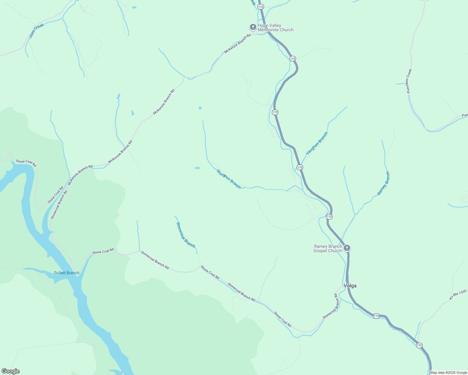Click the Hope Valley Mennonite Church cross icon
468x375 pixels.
click(253, 27)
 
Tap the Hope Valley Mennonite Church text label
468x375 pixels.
click(275, 28)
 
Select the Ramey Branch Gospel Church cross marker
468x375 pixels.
click(347, 248)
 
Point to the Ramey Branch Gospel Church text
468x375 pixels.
click(328, 249)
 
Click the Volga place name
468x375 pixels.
click(350, 286)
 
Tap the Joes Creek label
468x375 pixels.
click(36, 31)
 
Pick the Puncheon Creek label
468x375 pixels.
click(409, 81)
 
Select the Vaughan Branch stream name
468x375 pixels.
click(317, 143)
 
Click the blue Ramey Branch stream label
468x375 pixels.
click(384, 183)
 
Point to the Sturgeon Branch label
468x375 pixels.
click(229, 179)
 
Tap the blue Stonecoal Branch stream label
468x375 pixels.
click(186, 235)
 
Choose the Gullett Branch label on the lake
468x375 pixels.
click(66, 273)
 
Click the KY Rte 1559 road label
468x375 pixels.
click(458, 295)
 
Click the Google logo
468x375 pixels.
click(11, 371)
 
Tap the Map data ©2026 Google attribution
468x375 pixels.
click(448, 372)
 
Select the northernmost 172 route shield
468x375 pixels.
click(261, 7)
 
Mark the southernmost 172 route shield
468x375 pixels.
click(419, 345)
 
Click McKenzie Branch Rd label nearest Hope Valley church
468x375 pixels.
click(237, 44)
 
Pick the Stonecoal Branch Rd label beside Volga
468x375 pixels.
click(331, 306)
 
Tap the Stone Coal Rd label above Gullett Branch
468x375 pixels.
click(103, 252)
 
